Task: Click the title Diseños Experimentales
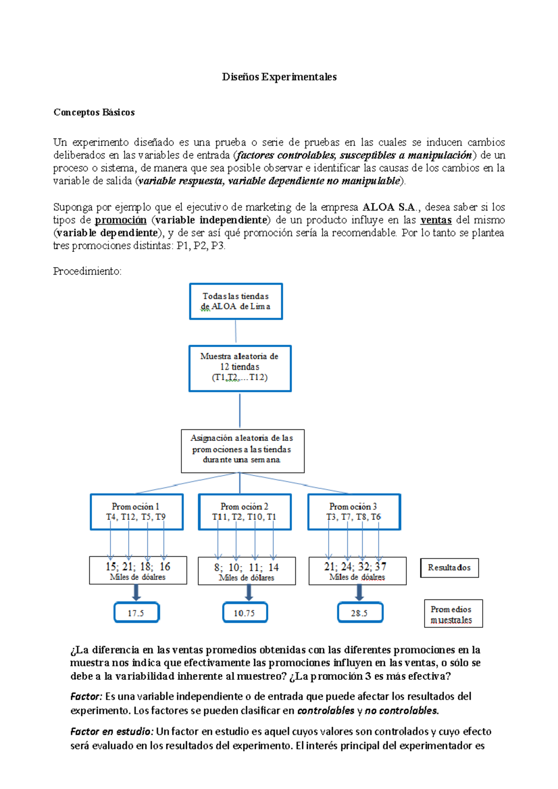279,77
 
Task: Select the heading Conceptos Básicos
94,112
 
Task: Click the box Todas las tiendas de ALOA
236,302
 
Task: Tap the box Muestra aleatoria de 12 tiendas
239,368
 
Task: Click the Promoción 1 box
136,512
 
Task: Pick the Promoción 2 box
245,512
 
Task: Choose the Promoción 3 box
353,512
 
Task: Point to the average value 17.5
136,613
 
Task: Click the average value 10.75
245,613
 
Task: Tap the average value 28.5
359,613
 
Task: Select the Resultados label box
449,568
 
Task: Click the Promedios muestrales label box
453,614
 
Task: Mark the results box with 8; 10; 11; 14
246,571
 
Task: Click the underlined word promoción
120,220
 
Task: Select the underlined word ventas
436,220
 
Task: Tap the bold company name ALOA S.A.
389,207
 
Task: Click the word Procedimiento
87,271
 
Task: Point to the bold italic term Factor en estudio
111,731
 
